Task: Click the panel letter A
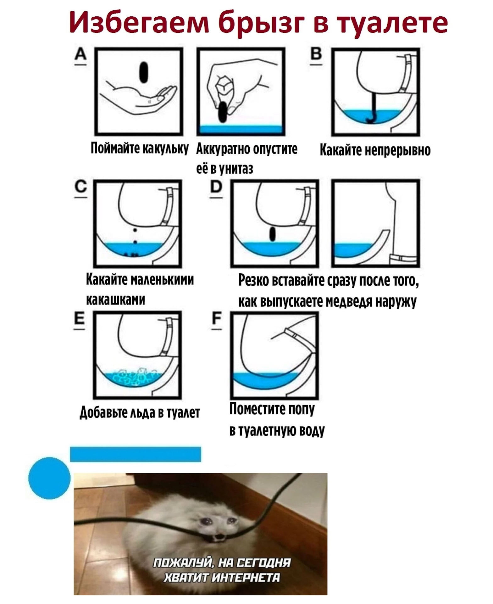click(x=81, y=57)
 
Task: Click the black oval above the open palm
click(x=144, y=72)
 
